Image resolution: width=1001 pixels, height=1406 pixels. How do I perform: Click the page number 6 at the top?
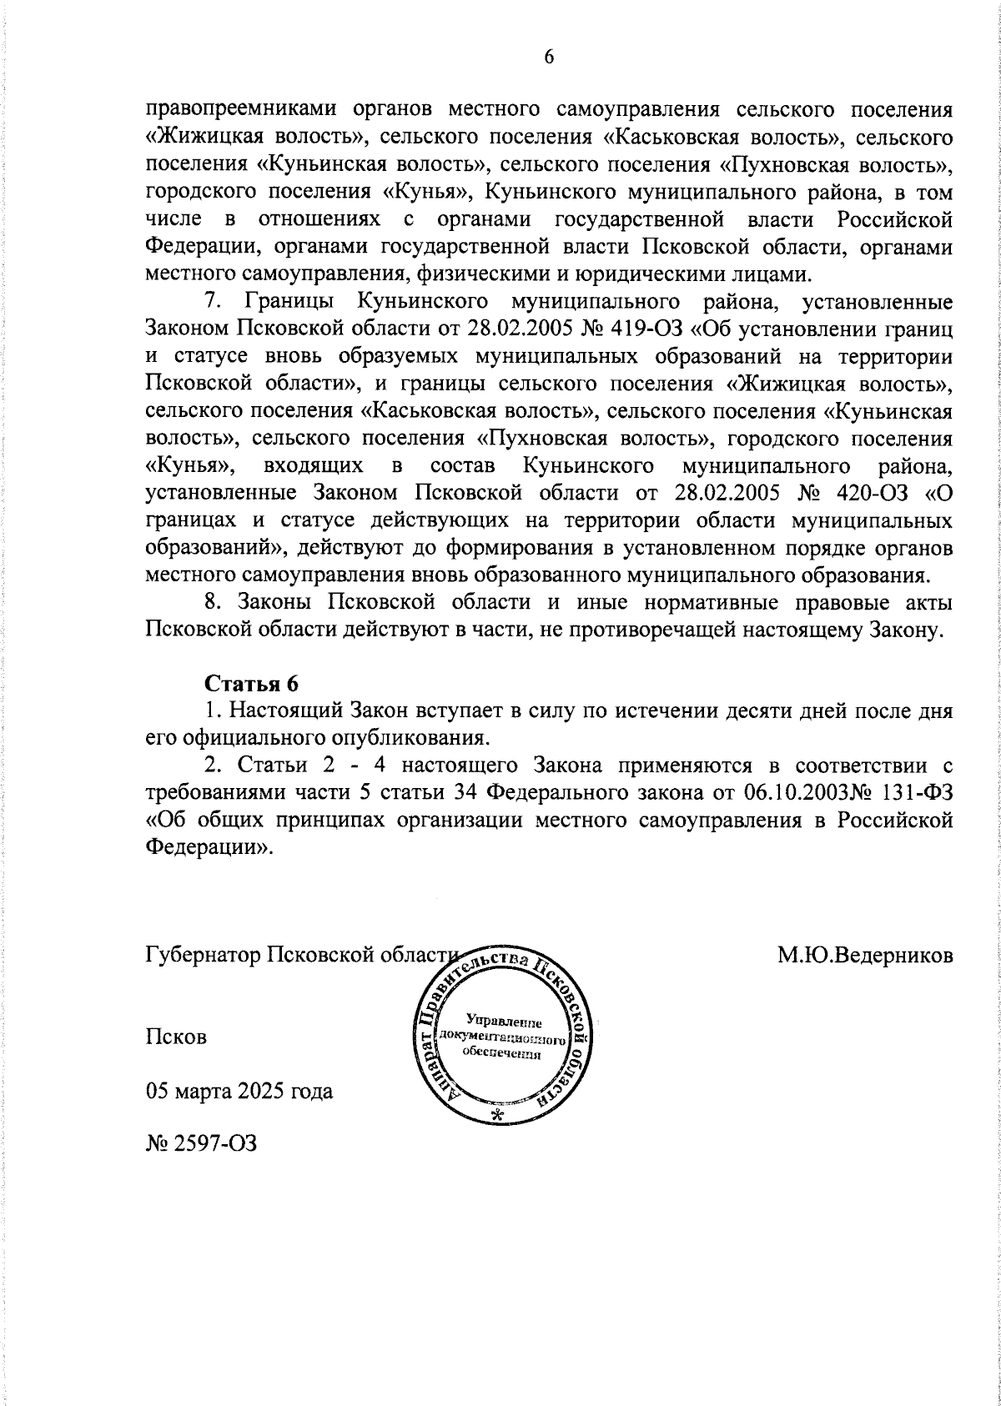pos(548,57)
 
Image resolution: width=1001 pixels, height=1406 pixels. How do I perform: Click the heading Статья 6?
pos(251,682)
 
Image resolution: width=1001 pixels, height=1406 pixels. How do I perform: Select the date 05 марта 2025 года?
pos(239,1092)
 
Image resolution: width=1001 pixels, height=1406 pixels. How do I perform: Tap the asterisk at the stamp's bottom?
pos(499,1117)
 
